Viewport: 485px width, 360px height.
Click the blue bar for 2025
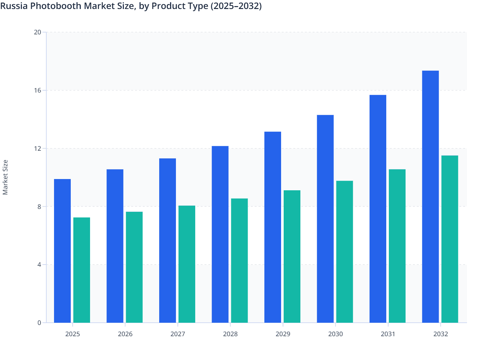click(x=62, y=251)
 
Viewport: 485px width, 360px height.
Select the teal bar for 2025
click(x=82, y=270)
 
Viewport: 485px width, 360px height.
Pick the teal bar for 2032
click(x=450, y=239)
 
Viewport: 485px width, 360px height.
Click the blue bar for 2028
click(x=220, y=234)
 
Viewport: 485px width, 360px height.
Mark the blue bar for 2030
click(x=325, y=219)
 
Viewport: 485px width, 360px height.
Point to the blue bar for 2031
click(x=378, y=209)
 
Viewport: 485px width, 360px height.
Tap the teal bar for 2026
click(x=134, y=267)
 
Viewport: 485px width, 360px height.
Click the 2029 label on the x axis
click(x=283, y=334)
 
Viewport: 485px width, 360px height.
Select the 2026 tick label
click(x=125, y=334)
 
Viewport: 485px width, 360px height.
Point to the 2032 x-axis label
click(x=440, y=334)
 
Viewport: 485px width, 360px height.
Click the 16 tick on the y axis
click(x=37, y=90)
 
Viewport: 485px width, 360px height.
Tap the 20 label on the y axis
click(x=37, y=32)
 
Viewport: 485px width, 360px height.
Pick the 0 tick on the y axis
click(x=39, y=323)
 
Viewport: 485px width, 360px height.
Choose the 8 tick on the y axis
click(x=39, y=206)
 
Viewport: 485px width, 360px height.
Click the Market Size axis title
click(x=5, y=177)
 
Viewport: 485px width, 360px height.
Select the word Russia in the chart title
click(x=14, y=6)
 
